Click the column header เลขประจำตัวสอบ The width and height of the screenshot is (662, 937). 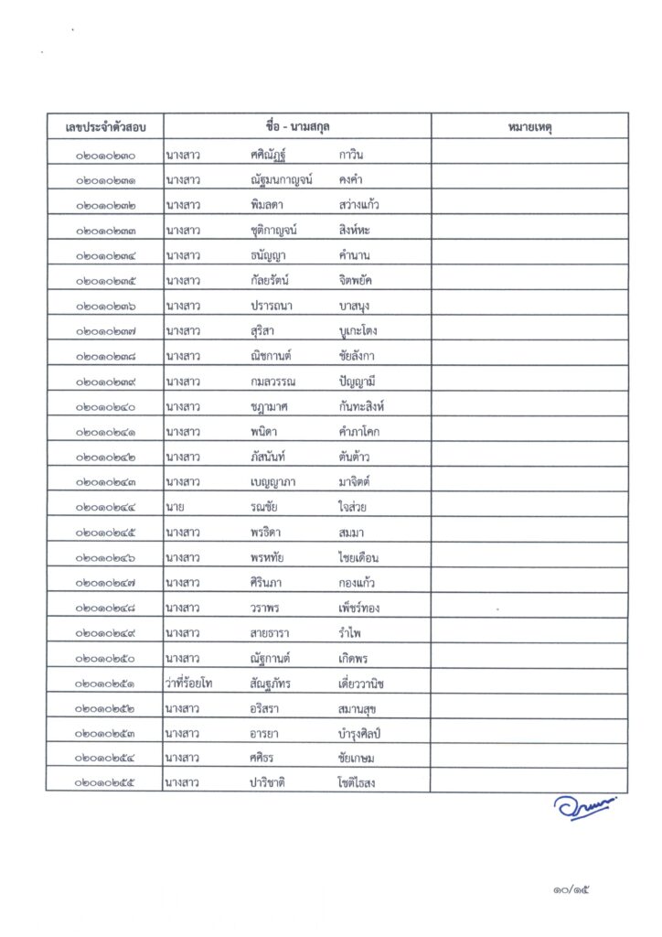pos(106,126)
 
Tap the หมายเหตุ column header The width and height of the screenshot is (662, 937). pos(529,126)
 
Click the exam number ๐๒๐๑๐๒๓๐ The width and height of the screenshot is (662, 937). pos(107,156)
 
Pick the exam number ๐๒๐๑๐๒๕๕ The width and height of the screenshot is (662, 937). pos(107,782)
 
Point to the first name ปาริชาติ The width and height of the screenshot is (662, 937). pos(272,782)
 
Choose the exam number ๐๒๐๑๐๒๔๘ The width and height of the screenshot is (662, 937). pos(107,609)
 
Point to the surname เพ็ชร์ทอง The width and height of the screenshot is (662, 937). pos(362,609)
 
